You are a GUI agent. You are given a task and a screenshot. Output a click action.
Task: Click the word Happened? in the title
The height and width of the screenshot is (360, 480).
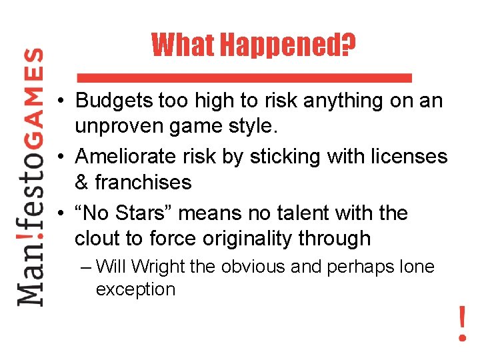(x=287, y=45)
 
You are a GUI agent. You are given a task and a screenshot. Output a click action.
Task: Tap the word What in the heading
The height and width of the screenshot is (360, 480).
(x=184, y=45)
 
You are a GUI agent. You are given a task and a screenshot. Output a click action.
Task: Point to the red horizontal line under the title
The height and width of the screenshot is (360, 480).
(x=245, y=77)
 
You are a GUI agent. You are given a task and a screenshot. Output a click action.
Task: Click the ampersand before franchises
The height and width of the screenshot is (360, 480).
(x=83, y=182)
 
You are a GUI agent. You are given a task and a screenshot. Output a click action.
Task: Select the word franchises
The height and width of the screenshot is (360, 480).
(x=143, y=182)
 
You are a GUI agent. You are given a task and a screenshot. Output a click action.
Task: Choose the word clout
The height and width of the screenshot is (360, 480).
(x=99, y=239)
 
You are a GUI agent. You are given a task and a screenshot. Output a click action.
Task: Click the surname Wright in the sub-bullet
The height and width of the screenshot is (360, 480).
(x=159, y=267)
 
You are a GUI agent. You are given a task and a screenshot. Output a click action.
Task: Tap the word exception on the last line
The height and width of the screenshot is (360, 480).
(x=135, y=290)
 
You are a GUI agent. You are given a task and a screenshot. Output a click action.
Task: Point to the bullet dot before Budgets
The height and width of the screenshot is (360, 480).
(x=61, y=102)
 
